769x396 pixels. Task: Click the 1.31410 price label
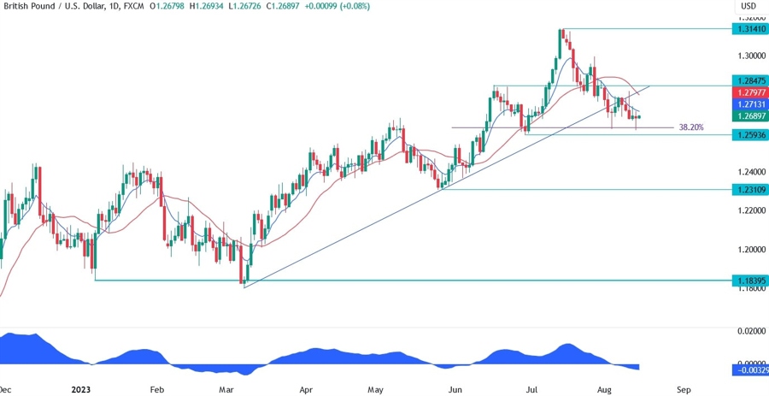point(748,29)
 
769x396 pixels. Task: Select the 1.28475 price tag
point(748,80)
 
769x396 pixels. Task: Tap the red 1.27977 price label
point(748,92)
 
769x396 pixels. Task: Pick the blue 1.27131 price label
point(748,103)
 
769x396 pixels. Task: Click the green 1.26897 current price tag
point(748,115)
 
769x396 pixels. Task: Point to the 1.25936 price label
point(748,135)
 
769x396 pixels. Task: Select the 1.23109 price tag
point(748,189)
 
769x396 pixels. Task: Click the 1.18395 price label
point(748,280)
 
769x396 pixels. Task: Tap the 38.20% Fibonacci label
point(691,127)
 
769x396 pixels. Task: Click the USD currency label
point(748,6)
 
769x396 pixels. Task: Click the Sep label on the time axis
point(684,389)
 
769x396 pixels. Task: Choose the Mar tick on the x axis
point(226,389)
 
